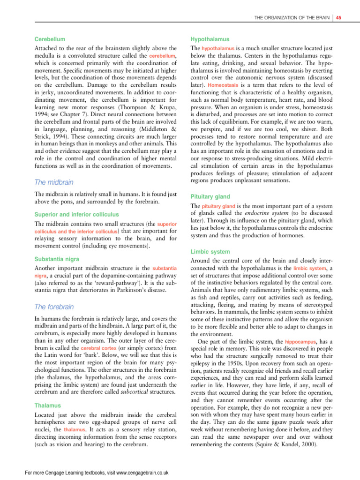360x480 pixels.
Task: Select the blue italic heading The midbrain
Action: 55,182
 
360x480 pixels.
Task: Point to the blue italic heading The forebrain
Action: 54,307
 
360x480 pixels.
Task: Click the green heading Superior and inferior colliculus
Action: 77,214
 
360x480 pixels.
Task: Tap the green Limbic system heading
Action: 210,252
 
